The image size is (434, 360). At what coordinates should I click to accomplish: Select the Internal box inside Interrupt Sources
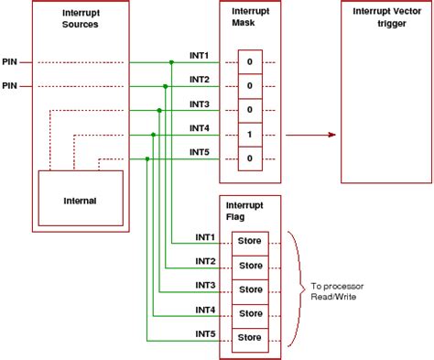[x=81, y=200]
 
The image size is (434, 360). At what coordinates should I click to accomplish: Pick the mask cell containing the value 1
[x=250, y=134]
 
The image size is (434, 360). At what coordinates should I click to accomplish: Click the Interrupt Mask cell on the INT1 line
[x=250, y=62]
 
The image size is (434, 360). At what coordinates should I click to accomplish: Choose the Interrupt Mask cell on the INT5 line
[x=250, y=158]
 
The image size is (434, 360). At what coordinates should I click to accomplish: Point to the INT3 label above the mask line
[x=200, y=104]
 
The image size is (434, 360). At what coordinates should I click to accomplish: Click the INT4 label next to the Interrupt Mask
[x=200, y=127]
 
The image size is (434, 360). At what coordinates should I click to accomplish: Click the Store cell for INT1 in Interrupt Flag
[x=250, y=241]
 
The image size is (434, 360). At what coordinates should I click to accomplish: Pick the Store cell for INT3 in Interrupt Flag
[x=250, y=289]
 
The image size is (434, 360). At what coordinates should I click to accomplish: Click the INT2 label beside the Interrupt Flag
[x=206, y=261]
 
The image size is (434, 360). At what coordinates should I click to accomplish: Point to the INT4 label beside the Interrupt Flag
[x=206, y=309]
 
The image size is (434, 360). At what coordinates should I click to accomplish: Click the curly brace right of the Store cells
[x=295, y=289]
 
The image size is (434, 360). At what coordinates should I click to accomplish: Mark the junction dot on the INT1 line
[x=171, y=62]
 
